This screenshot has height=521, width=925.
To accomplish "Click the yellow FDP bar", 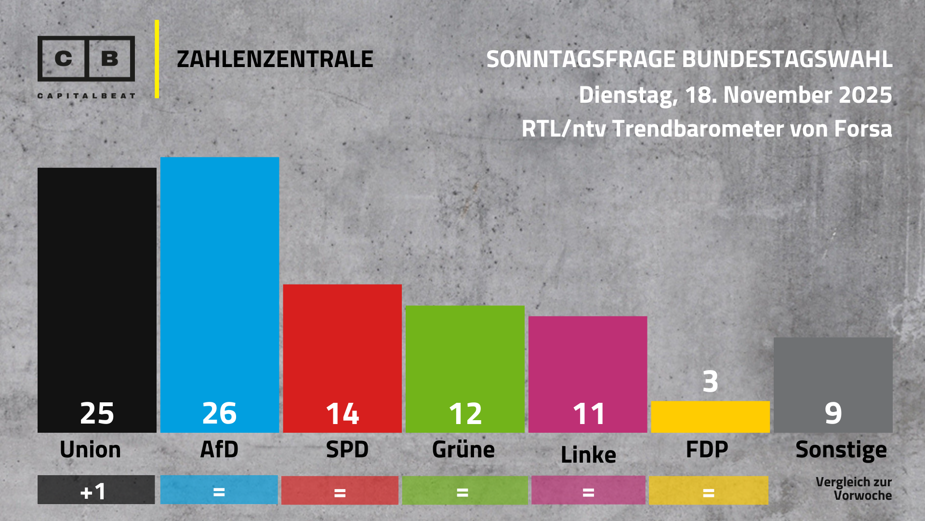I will [x=710, y=416].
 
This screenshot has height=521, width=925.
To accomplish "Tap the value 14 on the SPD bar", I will [x=343, y=413].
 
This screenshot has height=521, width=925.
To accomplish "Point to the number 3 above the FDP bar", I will [x=710, y=382].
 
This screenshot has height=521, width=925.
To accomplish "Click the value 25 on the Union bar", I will [x=97, y=413].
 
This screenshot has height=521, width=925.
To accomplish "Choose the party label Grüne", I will [x=463, y=450].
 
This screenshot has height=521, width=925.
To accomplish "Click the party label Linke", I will [x=588, y=454].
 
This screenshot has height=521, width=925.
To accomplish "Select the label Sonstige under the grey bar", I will [x=841, y=450].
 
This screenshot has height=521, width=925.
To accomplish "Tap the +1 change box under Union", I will [x=96, y=490].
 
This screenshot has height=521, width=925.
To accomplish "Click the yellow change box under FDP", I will [x=708, y=491].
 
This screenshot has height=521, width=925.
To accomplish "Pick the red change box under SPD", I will [x=340, y=491].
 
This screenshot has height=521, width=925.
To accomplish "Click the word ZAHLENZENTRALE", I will [x=275, y=59].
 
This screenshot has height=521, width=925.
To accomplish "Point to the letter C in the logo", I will [x=63, y=58].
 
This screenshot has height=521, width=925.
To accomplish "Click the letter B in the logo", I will [x=110, y=58].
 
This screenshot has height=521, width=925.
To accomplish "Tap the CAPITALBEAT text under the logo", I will [x=86, y=96].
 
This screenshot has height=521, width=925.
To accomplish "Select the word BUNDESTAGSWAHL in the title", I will [x=787, y=59].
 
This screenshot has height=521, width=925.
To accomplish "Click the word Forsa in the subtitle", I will [x=863, y=129].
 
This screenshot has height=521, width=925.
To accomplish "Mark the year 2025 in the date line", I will [x=865, y=95].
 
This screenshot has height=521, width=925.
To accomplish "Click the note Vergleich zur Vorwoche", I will [x=854, y=489].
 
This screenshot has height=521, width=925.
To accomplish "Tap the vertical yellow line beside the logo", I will [x=157, y=59].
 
